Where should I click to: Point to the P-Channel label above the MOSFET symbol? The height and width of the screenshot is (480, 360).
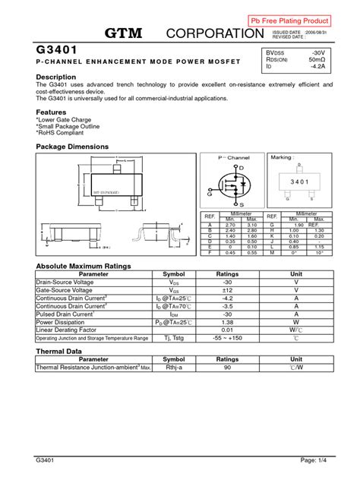coord(234,157)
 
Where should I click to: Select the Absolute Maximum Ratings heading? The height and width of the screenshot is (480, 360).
coord(84,267)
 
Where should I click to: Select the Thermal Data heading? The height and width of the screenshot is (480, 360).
coord(59,352)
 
